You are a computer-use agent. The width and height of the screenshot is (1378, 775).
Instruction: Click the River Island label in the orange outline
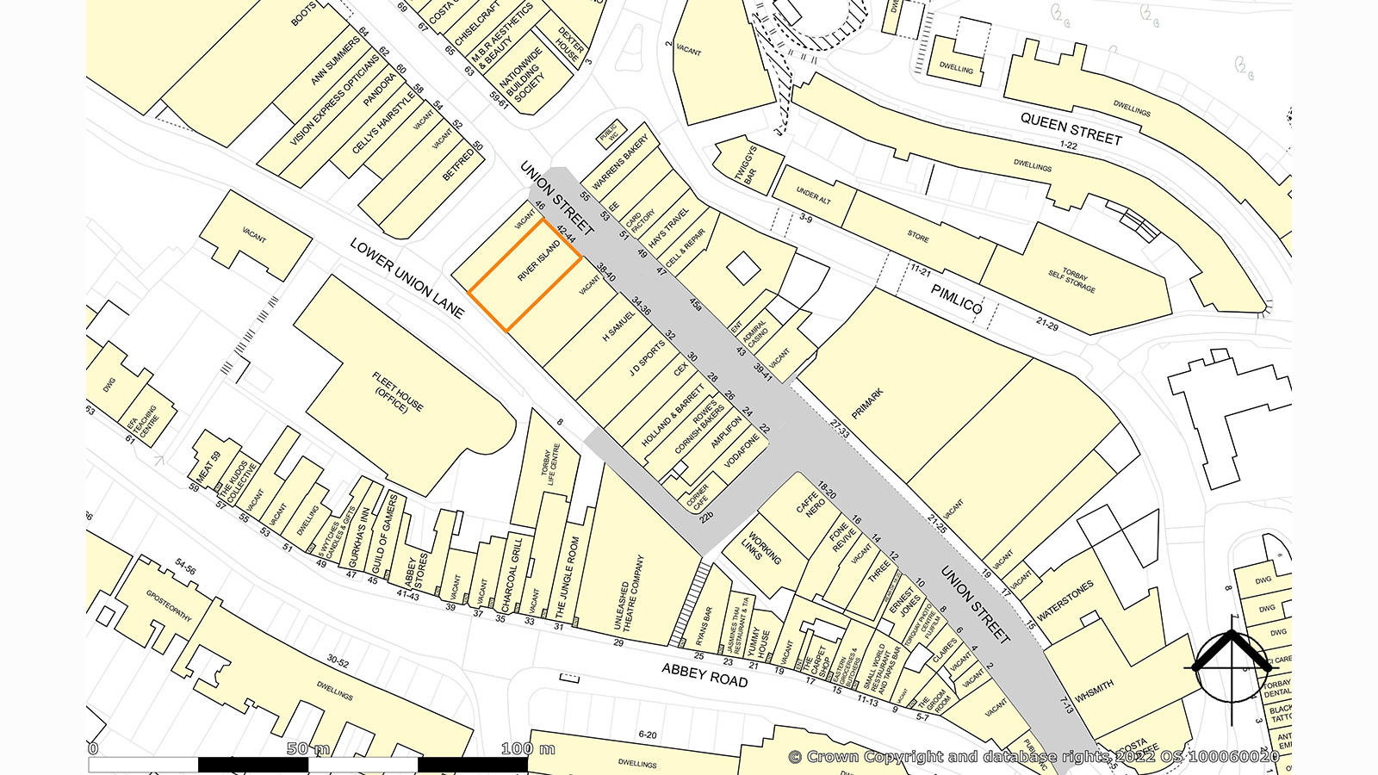coord(539,261)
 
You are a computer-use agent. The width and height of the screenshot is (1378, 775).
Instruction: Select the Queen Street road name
coord(1071,129)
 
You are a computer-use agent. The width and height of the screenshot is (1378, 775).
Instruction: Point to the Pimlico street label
coord(956,300)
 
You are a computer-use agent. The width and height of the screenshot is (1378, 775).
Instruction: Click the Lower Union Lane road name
coord(407,277)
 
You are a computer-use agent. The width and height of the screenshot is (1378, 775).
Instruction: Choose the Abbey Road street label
coord(705,674)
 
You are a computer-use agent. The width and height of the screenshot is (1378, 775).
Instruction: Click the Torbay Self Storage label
coord(1071,279)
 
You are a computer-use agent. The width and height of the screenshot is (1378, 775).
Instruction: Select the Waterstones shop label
coord(1065,600)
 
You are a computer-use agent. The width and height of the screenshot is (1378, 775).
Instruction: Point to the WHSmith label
coord(1094,691)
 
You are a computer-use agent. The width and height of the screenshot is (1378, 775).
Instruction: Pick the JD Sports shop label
coord(647,358)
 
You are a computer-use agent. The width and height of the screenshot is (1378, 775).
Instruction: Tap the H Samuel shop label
coord(618,325)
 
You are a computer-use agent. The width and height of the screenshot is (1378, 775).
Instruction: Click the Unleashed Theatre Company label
coord(629,593)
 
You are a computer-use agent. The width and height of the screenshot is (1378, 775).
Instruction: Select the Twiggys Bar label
coord(746,164)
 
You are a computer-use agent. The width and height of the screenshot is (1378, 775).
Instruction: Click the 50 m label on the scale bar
coord(308,748)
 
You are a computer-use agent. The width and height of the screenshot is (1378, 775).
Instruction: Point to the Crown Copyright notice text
coord(1033,757)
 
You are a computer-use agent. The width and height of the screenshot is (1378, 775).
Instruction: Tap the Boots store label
coord(303,15)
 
